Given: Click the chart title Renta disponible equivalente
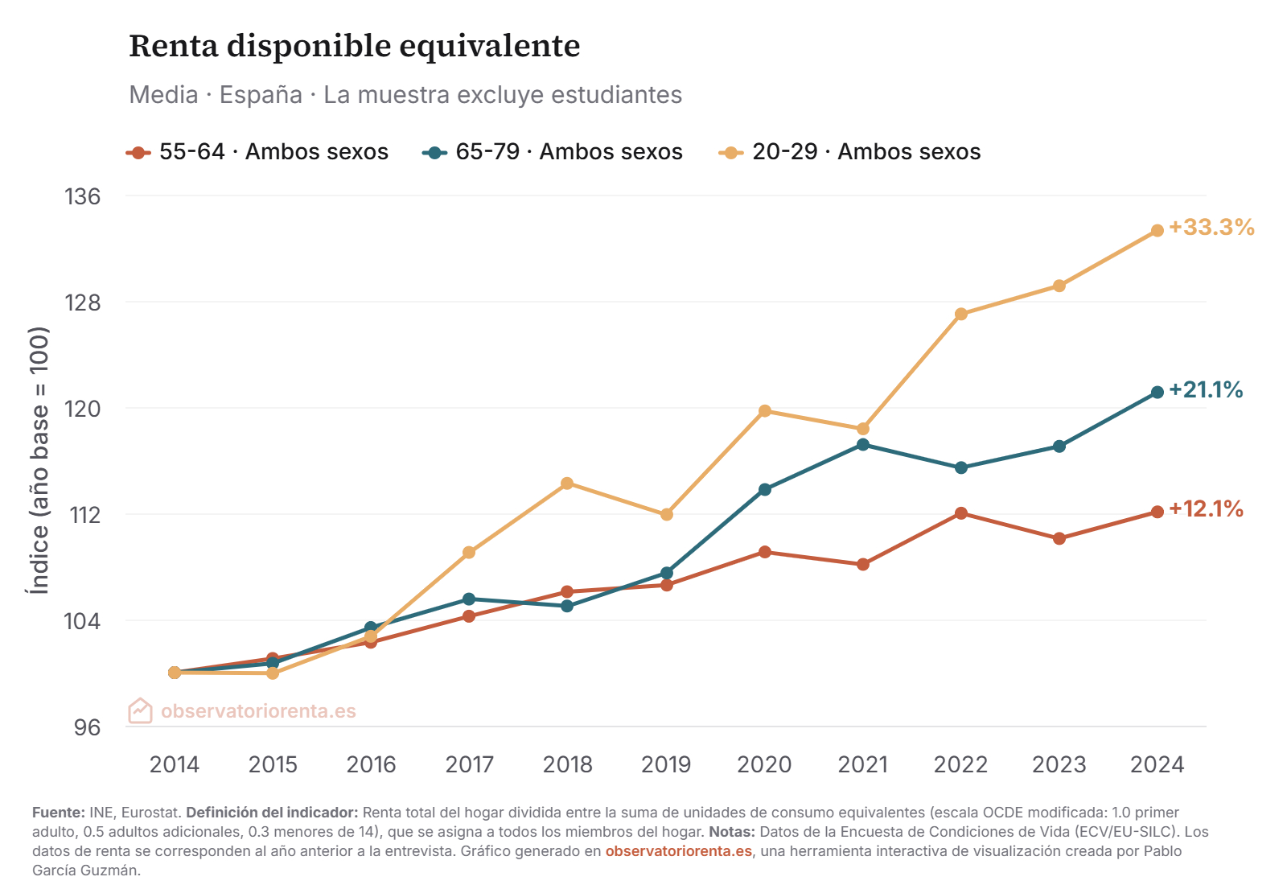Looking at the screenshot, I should tap(354, 46).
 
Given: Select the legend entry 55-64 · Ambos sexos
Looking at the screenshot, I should tap(257, 152).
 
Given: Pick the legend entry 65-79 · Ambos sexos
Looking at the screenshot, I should tap(553, 152).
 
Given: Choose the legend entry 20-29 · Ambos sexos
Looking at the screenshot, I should tap(850, 152).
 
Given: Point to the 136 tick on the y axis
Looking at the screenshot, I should tap(83, 196).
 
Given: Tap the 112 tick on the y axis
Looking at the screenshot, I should tap(85, 515).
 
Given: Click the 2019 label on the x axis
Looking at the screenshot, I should tap(666, 764).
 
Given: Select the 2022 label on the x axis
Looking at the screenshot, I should tap(960, 764).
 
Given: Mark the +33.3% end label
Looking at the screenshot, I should tap(1211, 228).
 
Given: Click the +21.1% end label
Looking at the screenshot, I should tap(1206, 390).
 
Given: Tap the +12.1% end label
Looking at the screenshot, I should tap(1206, 509).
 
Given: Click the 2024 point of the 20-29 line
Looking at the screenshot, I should tap(1157, 231).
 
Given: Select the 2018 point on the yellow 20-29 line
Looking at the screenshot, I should tap(567, 484).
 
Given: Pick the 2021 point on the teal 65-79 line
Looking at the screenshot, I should tap(863, 445).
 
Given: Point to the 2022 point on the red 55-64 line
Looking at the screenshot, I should tap(961, 513).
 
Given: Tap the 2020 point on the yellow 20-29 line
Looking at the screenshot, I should tap(765, 411).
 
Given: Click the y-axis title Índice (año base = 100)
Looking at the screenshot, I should tap(39, 460).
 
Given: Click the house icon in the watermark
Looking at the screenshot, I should tap(140, 710).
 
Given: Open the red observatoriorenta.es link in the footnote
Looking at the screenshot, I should tap(679, 851).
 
